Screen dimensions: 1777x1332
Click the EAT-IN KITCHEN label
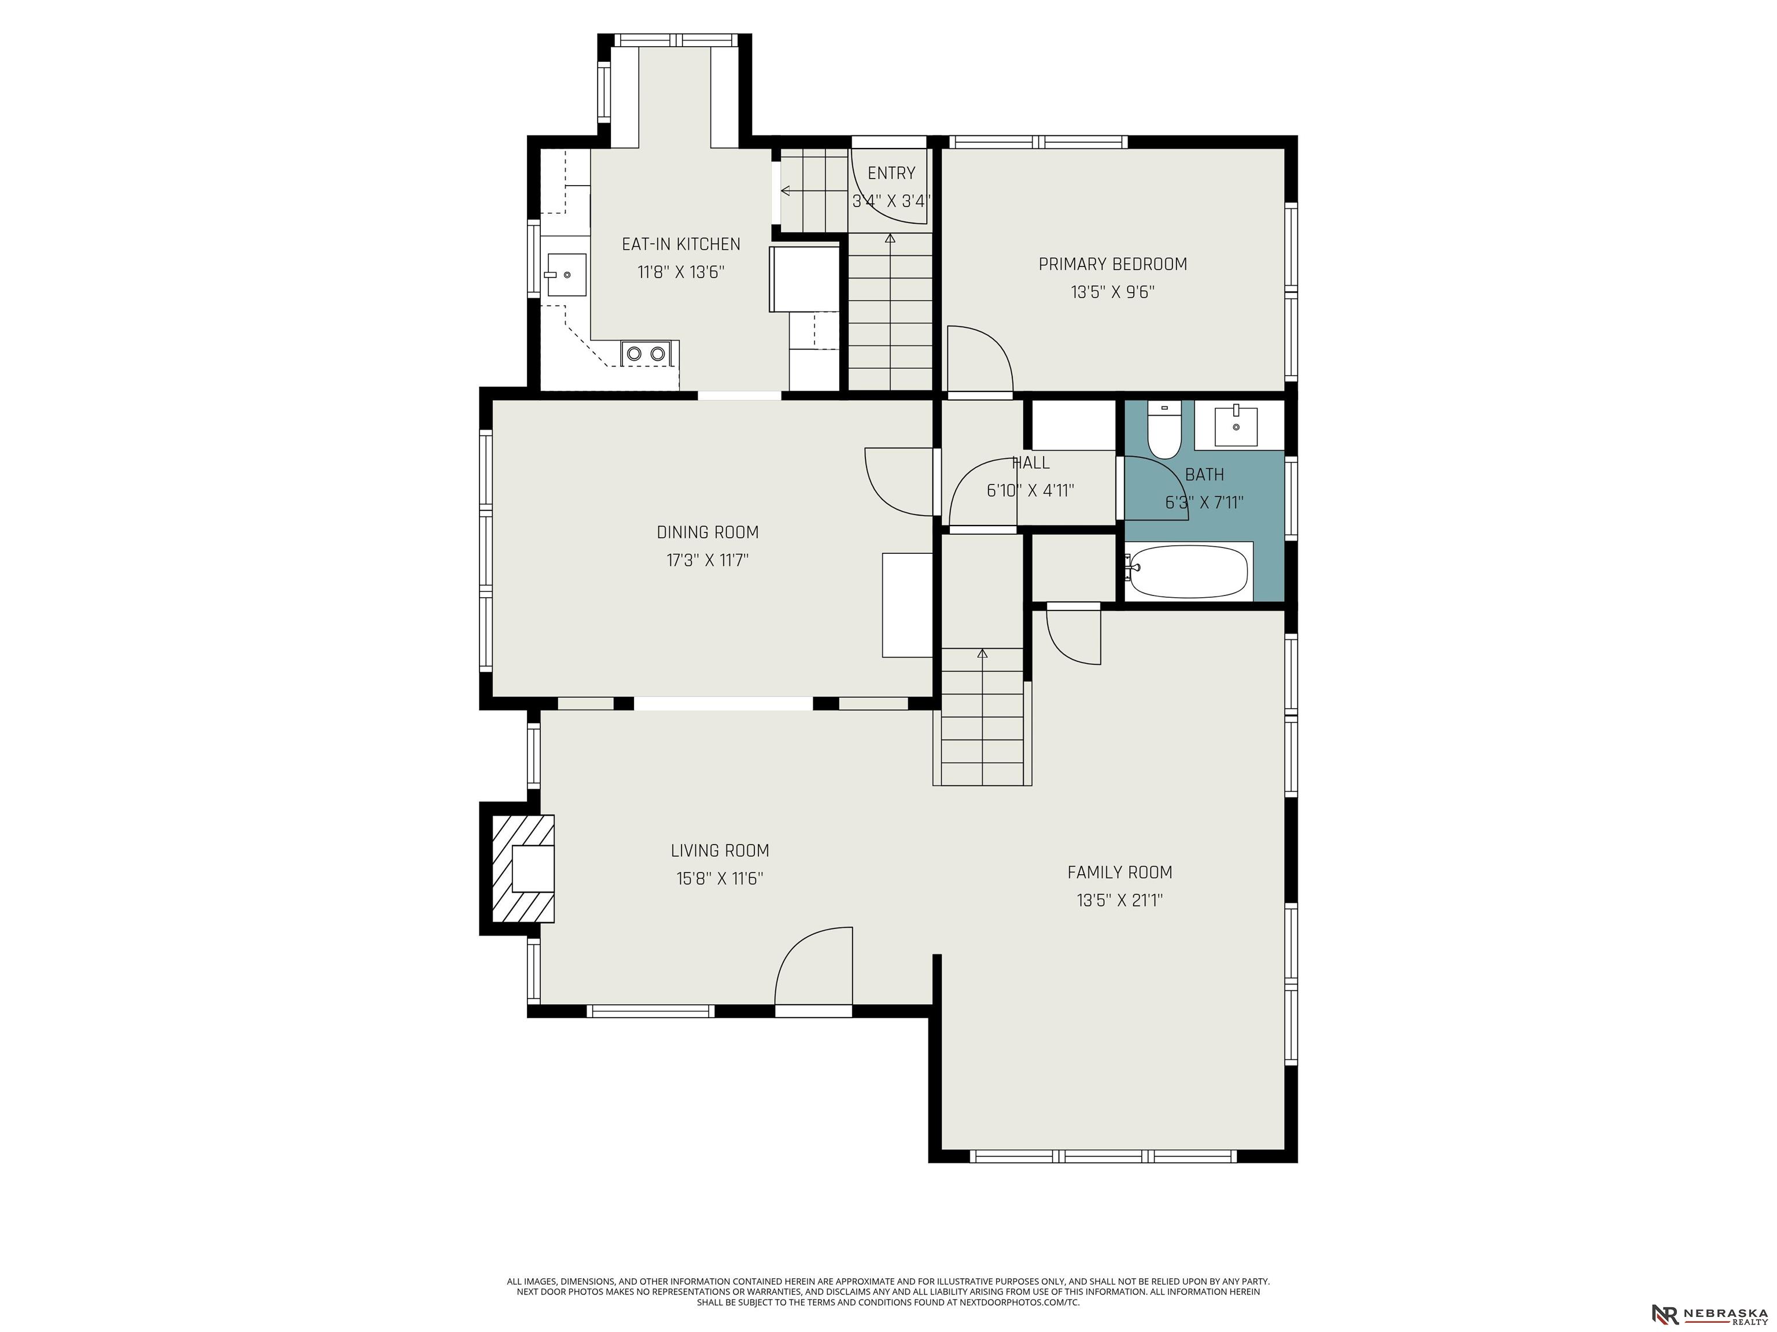click(681, 244)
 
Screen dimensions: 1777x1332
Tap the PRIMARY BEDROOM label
click(1112, 264)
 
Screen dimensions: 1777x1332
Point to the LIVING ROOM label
click(720, 851)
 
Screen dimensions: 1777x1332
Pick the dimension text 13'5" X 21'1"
click(1120, 901)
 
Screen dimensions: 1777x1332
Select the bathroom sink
click(1236, 425)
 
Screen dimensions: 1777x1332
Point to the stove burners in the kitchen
click(647, 353)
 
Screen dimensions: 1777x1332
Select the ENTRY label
click(891, 173)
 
